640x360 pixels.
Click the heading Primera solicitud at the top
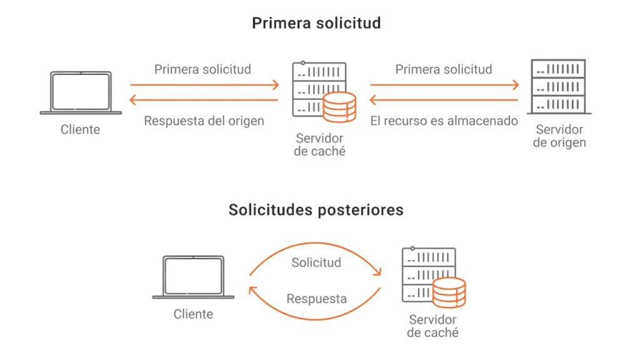(x=316, y=24)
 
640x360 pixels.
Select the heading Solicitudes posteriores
(x=316, y=210)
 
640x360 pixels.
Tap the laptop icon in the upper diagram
(x=81, y=92)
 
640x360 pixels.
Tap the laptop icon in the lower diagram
(x=193, y=277)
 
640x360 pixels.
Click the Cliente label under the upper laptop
(x=80, y=130)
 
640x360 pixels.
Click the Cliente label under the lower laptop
(x=193, y=314)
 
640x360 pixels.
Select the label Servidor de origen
(x=559, y=136)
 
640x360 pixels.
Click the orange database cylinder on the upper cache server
(x=339, y=107)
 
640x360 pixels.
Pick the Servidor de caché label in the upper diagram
(x=319, y=145)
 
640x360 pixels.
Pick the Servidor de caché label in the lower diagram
(x=432, y=326)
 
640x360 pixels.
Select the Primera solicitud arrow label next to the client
(x=202, y=69)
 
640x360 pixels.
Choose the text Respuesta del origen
(x=204, y=121)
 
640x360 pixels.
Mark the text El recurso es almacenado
(x=444, y=121)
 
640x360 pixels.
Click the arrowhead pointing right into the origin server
(x=516, y=84)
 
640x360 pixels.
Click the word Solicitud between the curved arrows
(x=316, y=262)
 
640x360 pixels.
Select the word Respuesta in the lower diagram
(x=316, y=299)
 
